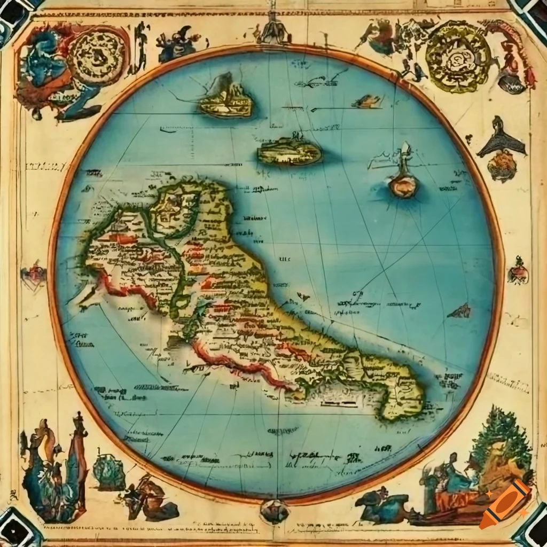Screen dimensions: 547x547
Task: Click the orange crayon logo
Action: click(x=504, y=504)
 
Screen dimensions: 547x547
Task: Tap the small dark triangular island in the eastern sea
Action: click(x=460, y=311)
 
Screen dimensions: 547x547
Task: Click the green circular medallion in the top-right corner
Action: click(x=458, y=56)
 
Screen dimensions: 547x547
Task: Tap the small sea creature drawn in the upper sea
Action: click(x=368, y=101)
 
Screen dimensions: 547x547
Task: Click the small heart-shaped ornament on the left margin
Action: click(x=33, y=276)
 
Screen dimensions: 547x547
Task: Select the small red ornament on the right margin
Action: click(x=518, y=271)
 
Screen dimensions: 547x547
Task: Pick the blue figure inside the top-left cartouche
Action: click(x=45, y=59)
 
